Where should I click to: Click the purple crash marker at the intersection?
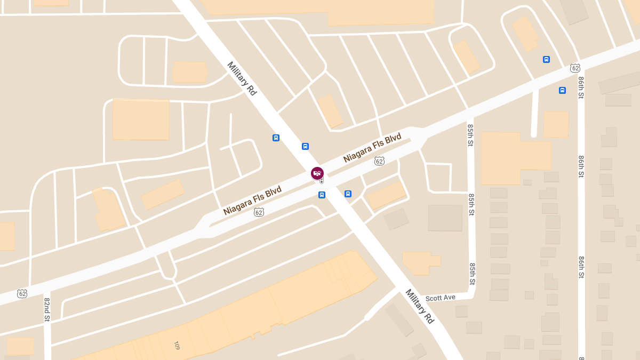tap(317, 173)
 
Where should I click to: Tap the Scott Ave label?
tap(440, 298)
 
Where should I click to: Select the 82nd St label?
tap(47, 310)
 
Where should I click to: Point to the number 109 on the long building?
tap(177, 346)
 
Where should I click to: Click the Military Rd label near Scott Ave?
tap(420, 306)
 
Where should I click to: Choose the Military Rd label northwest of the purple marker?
tap(242, 78)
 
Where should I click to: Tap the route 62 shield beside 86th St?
tap(575, 68)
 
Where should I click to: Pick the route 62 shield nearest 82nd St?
tap(22, 293)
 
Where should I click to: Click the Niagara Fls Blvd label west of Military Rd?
tap(252, 201)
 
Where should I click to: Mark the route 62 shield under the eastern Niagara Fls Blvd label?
tap(379, 161)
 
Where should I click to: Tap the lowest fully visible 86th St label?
tap(581, 267)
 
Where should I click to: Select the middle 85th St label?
tap(471, 204)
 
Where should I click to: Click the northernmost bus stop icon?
tap(546, 59)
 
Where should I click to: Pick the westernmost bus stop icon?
tap(276, 138)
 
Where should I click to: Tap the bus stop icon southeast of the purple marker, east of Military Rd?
tap(348, 194)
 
